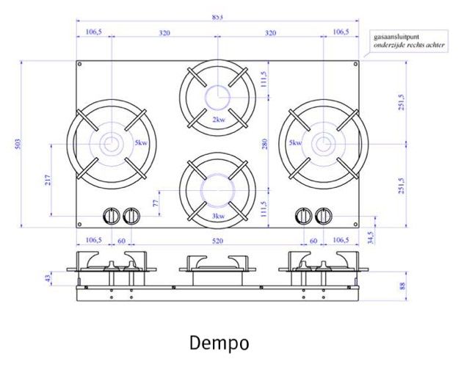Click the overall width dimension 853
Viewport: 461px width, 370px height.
pos(218,16)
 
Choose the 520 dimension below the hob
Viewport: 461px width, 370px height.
pos(218,240)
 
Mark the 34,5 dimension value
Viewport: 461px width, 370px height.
pos(370,237)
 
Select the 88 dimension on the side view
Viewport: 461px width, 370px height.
pos(402,286)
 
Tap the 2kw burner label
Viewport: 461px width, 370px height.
pos(218,119)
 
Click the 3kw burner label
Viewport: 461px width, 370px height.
pos(218,217)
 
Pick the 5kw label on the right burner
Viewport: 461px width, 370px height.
pos(295,143)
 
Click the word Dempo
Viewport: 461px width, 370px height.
pos(219,343)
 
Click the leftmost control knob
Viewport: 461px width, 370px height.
pos(111,216)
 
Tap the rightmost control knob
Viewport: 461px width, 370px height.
pos(324,216)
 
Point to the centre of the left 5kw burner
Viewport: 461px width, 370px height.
pos(111,144)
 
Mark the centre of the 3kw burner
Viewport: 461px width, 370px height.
pos(218,189)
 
